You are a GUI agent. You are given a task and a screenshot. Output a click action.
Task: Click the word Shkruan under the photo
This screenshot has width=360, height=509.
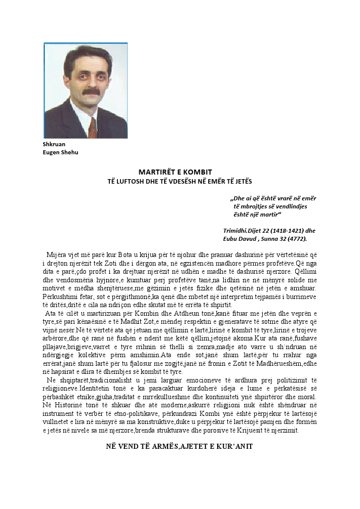pyautogui.click(x=54, y=144)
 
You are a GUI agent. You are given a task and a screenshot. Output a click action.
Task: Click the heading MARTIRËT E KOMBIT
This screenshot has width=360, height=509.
pyautogui.click(x=175, y=172)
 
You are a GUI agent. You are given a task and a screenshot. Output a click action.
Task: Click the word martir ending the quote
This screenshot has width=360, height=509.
pyautogui.click(x=282, y=214)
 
